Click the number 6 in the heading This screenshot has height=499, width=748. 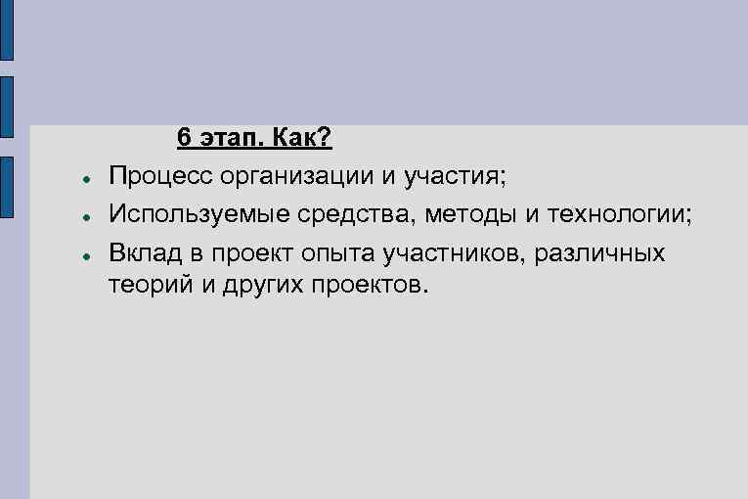[184, 139]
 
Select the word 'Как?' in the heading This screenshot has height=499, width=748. [303, 139]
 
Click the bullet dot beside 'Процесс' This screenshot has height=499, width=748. [87, 180]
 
